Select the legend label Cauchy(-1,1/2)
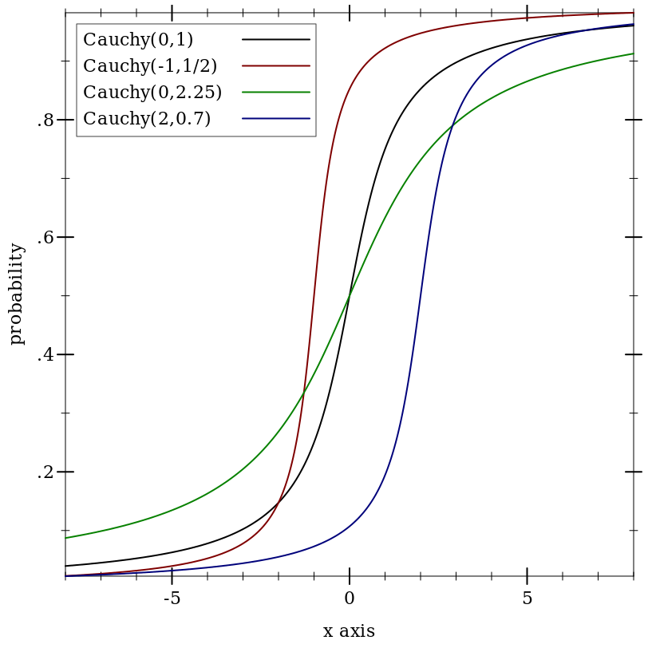(150, 65)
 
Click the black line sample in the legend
(276, 39)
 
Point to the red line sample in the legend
(276, 65)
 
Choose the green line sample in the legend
(276, 92)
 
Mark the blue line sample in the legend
(276, 119)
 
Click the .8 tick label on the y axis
(45, 121)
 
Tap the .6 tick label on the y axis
(45, 238)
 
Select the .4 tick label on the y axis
(45, 355)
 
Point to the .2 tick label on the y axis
(45, 472)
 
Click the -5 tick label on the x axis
(172, 598)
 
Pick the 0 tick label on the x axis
(350, 598)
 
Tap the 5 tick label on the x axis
(527, 598)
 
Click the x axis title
(350, 631)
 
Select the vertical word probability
(17, 294)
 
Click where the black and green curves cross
(350, 295)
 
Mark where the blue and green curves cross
(452, 125)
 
